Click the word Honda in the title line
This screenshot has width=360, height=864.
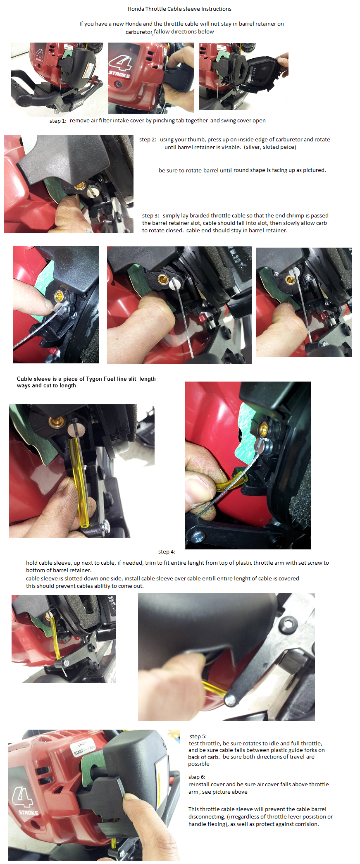(x=136, y=9)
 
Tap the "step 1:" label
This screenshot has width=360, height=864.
(x=58, y=121)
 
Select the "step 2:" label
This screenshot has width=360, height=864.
(x=148, y=140)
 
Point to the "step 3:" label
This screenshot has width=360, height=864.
(x=150, y=216)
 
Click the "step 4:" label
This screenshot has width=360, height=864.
(x=167, y=552)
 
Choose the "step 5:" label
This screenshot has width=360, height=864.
(x=198, y=736)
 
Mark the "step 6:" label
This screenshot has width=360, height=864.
(x=197, y=777)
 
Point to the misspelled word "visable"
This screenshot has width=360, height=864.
(x=231, y=147)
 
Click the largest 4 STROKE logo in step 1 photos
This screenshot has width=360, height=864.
(x=120, y=67)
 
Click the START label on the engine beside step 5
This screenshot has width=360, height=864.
(x=79, y=753)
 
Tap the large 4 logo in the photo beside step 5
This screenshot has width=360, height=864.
(x=23, y=796)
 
